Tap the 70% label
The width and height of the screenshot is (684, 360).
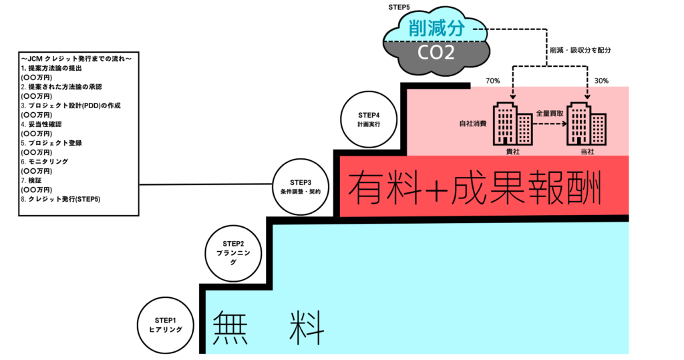(493, 81)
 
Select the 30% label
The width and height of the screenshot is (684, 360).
(601, 81)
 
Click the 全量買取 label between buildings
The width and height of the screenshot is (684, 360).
(550, 115)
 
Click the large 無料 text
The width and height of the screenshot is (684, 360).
(269, 327)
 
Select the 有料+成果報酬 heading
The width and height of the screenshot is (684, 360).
(475, 186)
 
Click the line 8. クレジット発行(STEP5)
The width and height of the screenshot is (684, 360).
(61, 200)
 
